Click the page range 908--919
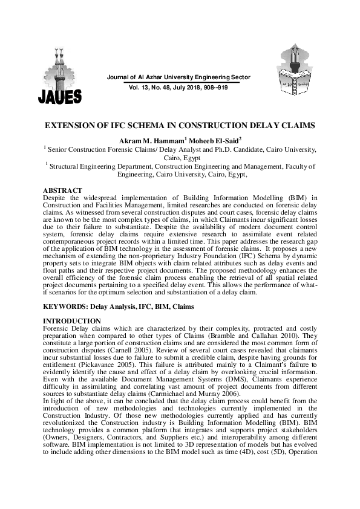click(215, 88)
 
